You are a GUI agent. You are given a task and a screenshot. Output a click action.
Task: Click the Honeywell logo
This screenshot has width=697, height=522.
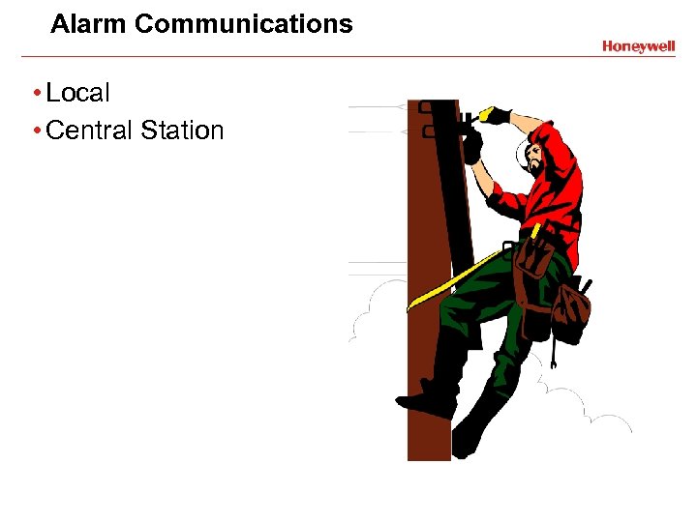click(x=638, y=45)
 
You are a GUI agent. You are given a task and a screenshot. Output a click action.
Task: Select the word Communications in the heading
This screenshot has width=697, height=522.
click(x=244, y=24)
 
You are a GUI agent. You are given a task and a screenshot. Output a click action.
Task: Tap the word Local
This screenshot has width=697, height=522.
click(x=78, y=94)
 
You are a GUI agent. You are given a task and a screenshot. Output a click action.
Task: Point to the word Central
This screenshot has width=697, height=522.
click(x=88, y=130)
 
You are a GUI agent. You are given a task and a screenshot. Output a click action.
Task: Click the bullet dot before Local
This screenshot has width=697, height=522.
click(x=35, y=95)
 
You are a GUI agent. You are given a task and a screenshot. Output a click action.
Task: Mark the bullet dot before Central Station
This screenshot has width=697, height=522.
click(x=35, y=131)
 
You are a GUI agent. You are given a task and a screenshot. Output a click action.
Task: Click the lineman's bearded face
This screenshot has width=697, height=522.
click(x=534, y=159)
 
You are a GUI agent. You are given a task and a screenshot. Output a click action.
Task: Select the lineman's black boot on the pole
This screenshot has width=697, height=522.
click(x=427, y=395)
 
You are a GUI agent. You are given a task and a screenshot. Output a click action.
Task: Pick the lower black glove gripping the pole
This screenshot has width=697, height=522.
click(x=472, y=146)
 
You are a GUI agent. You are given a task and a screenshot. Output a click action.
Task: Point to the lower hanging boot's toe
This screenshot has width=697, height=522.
click(x=462, y=446)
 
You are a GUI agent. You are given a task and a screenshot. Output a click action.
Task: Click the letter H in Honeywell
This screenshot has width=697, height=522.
click(x=607, y=45)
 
